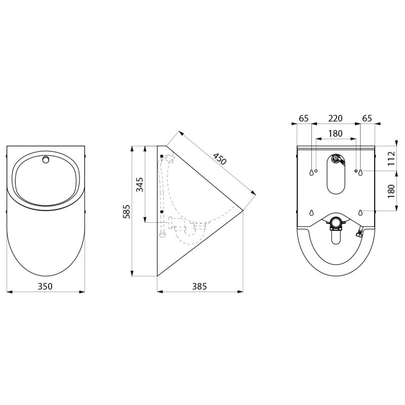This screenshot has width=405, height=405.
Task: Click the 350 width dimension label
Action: pos(45,287)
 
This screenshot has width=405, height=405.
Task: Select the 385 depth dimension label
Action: pos(199,287)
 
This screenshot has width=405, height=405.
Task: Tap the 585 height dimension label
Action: pos(127,212)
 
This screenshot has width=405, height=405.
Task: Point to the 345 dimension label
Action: pos(140,184)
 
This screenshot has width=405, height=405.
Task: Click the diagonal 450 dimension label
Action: pos(220,159)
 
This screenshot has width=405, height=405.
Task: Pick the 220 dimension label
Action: pos(335,118)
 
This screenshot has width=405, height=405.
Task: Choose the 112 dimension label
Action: pos(391,158)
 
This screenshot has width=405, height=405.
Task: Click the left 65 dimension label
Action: pos(304,118)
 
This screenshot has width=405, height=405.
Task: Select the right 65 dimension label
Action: pos(367,118)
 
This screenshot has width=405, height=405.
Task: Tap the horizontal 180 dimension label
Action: pos(335,134)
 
